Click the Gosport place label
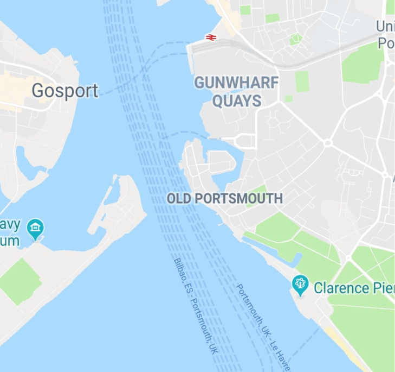click(x=65, y=91)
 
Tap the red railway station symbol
click(x=211, y=37)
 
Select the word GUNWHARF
click(x=236, y=83)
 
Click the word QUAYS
click(x=236, y=100)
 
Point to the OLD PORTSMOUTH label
click(x=224, y=199)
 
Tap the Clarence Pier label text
click(x=354, y=287)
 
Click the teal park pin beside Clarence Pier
click(x=300, y=283)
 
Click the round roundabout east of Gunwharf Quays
click(x=327, y=143)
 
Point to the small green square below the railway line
click(x=301, y=81)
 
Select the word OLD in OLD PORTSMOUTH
click(x=179, y=199)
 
